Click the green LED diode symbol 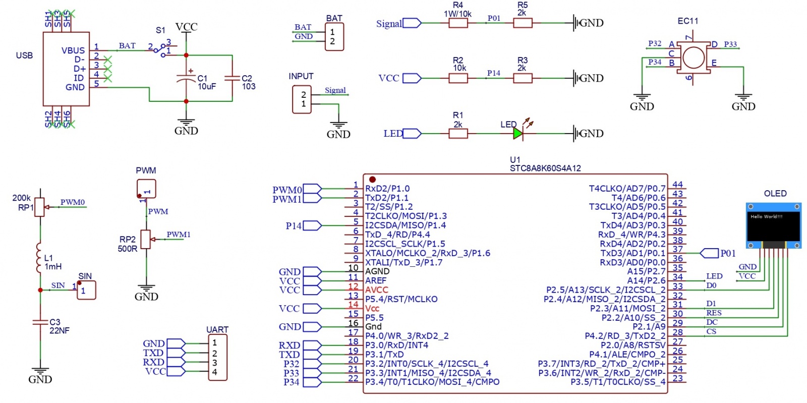click(517, 133)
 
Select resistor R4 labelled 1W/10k click(458, 23)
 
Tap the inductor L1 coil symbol click(39, 258)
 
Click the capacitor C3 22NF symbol click(40, 322)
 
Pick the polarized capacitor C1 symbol click(186, 78)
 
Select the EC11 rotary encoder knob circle click(694, 57)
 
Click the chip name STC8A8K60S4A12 click(545, 168)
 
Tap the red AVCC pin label click(377, 290)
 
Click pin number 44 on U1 click(677, 185)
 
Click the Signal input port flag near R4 click(412, 23)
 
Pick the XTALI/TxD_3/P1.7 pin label click(403, 262)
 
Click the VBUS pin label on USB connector click(73, 50)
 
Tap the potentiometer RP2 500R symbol click(146, 240)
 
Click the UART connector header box click(218, 357)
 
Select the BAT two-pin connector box click(334, 37)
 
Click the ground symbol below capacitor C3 click(40, 372)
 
